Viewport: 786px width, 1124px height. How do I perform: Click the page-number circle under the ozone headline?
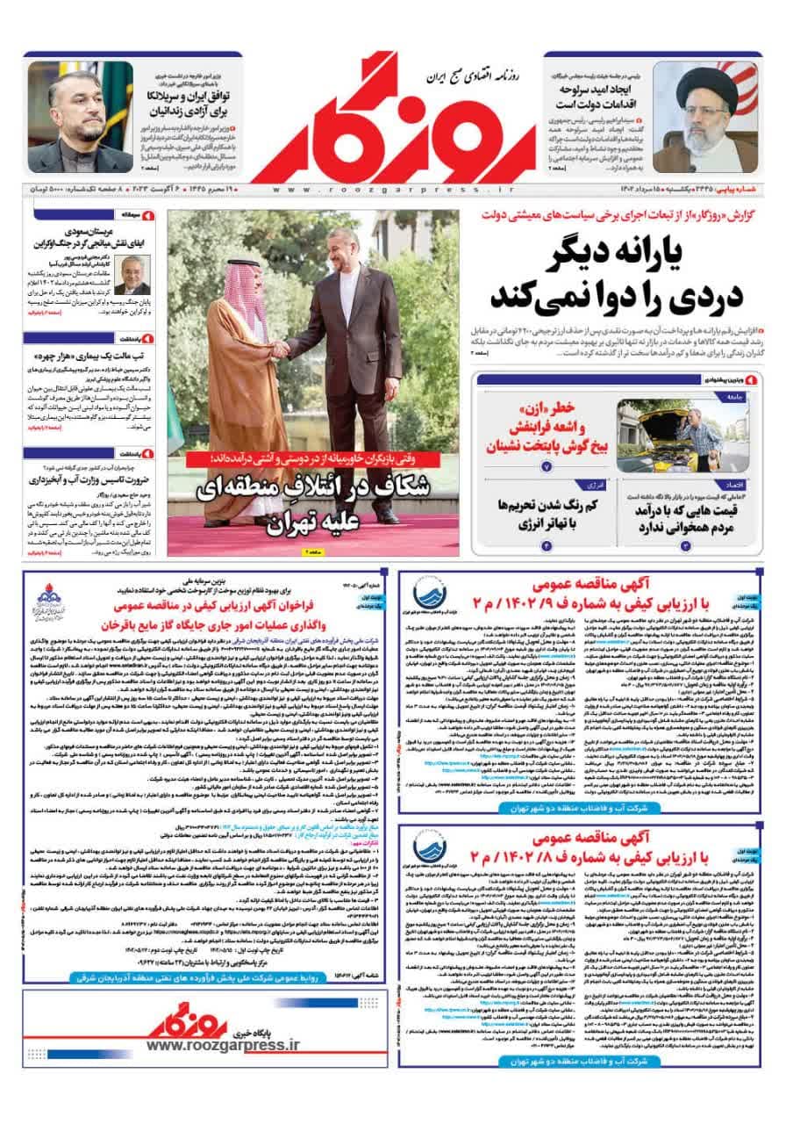pos(547,466)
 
